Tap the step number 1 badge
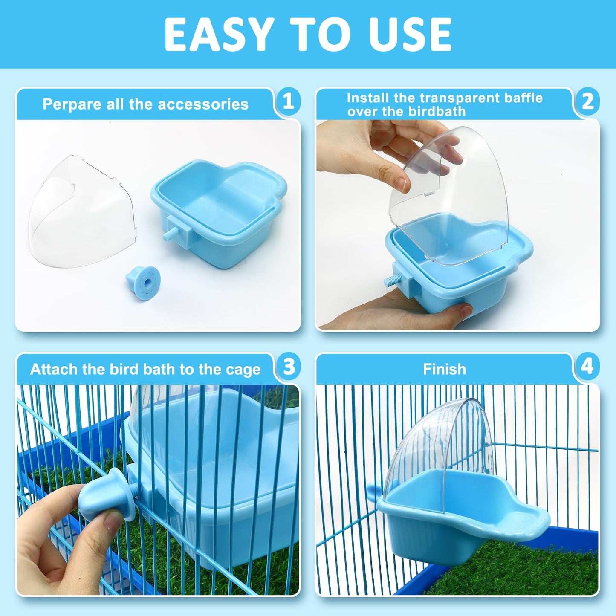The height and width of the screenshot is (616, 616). pyautogui.click(x=289, y=101)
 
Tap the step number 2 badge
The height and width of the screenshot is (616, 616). pyautogui.click(x=587, y=101)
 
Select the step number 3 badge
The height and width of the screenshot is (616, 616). pyautogui.click(x=289, y=367)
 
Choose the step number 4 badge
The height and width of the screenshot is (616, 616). pyautogui.click(x=587, y=367)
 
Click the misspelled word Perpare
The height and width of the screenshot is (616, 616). pyautogui.click(x=72, y=104)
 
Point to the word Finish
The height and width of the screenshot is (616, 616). pyautogui.click(x=444, y=369)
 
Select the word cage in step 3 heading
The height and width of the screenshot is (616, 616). pyautogui.click(x=243, y=370)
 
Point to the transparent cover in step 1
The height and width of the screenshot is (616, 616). pyautogui.click(x=81, y=213)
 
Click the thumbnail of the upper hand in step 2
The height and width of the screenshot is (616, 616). pyautogui.click(x=401, y=184)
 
